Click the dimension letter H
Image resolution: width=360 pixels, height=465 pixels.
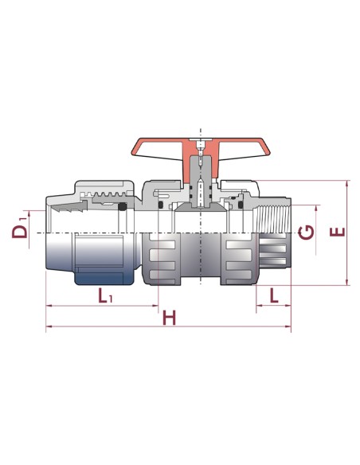click(170, 318)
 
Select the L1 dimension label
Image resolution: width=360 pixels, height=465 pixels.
click(105, 295)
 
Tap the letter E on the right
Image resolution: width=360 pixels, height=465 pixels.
click(338, 232)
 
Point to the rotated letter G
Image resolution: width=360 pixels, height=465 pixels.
click(307, 232)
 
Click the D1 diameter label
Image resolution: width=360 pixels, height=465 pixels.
click(20, 228)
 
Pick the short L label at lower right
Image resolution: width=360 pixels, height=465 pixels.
click(274, 295)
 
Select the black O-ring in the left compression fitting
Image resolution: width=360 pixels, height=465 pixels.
click(122, 206)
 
